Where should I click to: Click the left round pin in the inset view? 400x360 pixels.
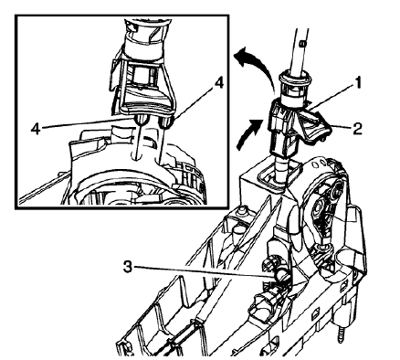click(140, 119)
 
